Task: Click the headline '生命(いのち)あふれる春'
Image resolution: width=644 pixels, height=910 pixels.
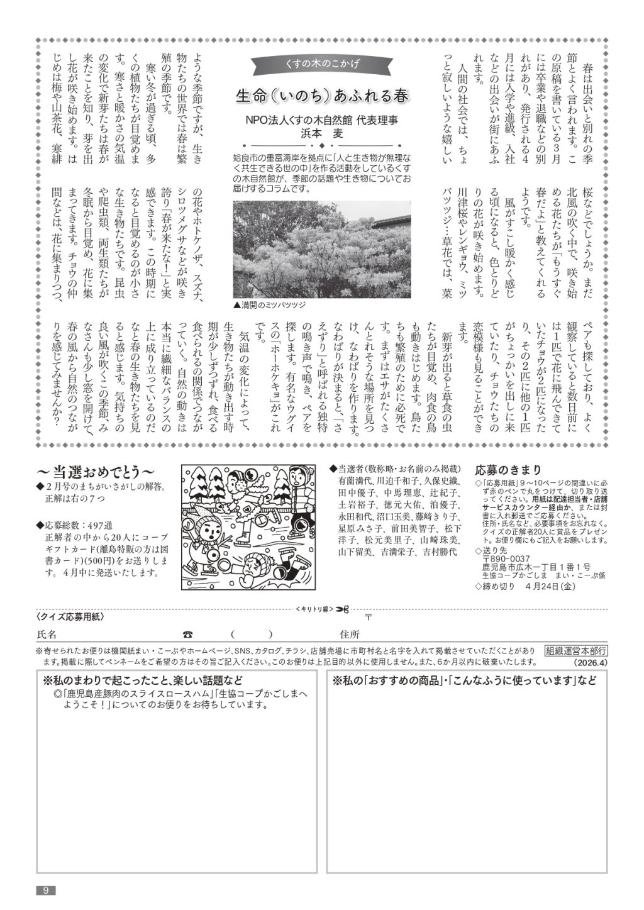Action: click(x=321, y=96)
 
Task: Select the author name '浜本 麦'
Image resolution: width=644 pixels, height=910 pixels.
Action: click(x=321, y=133)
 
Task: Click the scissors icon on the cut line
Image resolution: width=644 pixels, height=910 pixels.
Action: click(x=341, y=608)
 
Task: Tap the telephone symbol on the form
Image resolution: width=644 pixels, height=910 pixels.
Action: click(x=187, y=634)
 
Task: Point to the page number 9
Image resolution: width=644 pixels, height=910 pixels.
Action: click(x=46, y=889)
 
